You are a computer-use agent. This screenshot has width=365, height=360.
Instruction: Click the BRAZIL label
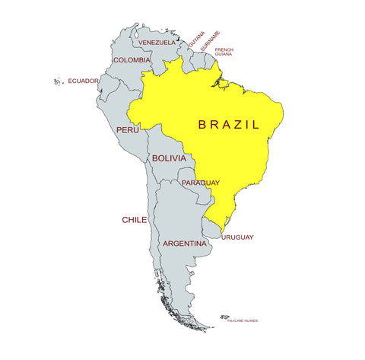point(228,124)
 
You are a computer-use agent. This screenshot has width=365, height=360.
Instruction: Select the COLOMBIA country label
point(132,59)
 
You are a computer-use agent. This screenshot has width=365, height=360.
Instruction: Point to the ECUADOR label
point(83,81)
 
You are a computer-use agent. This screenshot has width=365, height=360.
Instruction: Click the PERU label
point(127,130)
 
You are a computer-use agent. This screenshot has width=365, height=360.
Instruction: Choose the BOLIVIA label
point(168,158)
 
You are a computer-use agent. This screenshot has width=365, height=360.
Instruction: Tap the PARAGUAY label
point(201,183)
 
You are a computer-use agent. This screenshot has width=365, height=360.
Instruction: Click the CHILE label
point(135,219)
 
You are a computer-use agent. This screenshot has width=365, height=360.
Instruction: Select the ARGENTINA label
point(185,244)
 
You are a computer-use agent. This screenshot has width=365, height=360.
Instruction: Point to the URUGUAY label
point(238,237)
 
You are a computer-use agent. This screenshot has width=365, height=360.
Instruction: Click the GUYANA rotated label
point(197,39)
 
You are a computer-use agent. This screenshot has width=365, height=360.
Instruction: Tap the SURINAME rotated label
point(211,41)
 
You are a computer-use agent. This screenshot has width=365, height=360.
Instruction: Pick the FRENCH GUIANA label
point(224,52)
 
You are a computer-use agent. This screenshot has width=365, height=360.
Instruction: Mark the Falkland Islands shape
point(225,317)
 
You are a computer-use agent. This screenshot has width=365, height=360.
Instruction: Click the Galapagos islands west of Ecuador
point(58,81)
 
